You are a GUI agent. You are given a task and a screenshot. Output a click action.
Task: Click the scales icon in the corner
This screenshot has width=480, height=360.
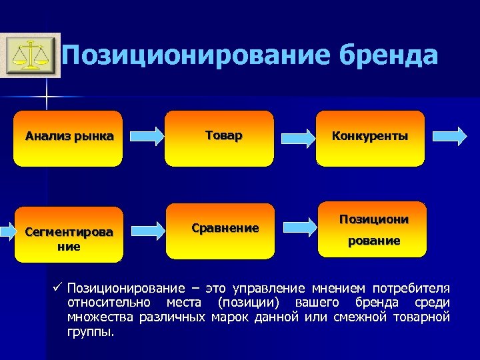coord(29,55)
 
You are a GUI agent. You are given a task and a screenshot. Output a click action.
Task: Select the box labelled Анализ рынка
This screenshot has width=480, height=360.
coord(69,138)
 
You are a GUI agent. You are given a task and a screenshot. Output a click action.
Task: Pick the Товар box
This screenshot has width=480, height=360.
coord(219,138)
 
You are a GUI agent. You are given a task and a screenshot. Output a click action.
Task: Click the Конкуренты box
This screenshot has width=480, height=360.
coord(370,138)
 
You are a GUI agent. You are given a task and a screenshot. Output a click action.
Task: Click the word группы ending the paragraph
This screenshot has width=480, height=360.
coord(91,331)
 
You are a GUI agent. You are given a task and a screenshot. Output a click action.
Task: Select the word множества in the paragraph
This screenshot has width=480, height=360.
coord(101,317)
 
